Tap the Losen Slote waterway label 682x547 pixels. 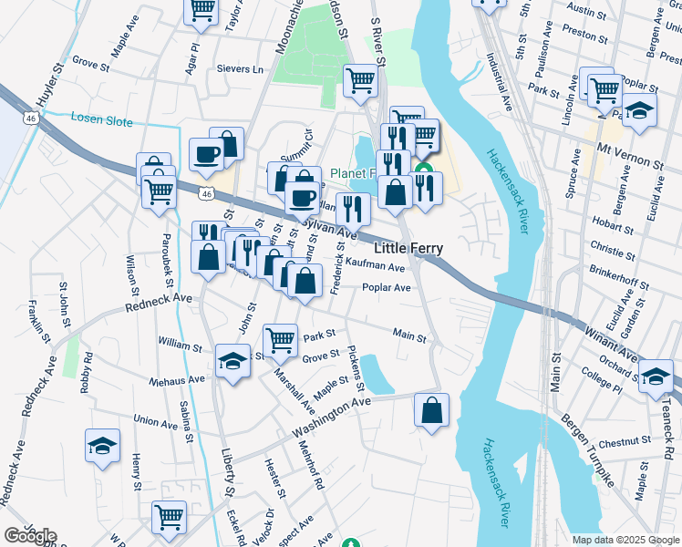pyautogui.click(x=101, y=121)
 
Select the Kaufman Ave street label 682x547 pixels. pyautogui.click(x=375, y=267)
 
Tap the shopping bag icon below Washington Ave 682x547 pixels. pyautogui.click(x=432, y=409)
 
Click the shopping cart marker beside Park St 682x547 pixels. pyautogui.click(x=281, y=340)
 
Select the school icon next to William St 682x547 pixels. pyautogui.click(x=232, y=361)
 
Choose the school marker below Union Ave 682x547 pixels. pyautogui.click(x=102, y=445)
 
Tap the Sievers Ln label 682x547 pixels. pyautogui.click(x=240, y=69)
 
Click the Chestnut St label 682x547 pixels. pyautogui.click(x=625, y=441)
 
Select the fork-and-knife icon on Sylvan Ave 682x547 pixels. pyautogui.click(x=350, y=209)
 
